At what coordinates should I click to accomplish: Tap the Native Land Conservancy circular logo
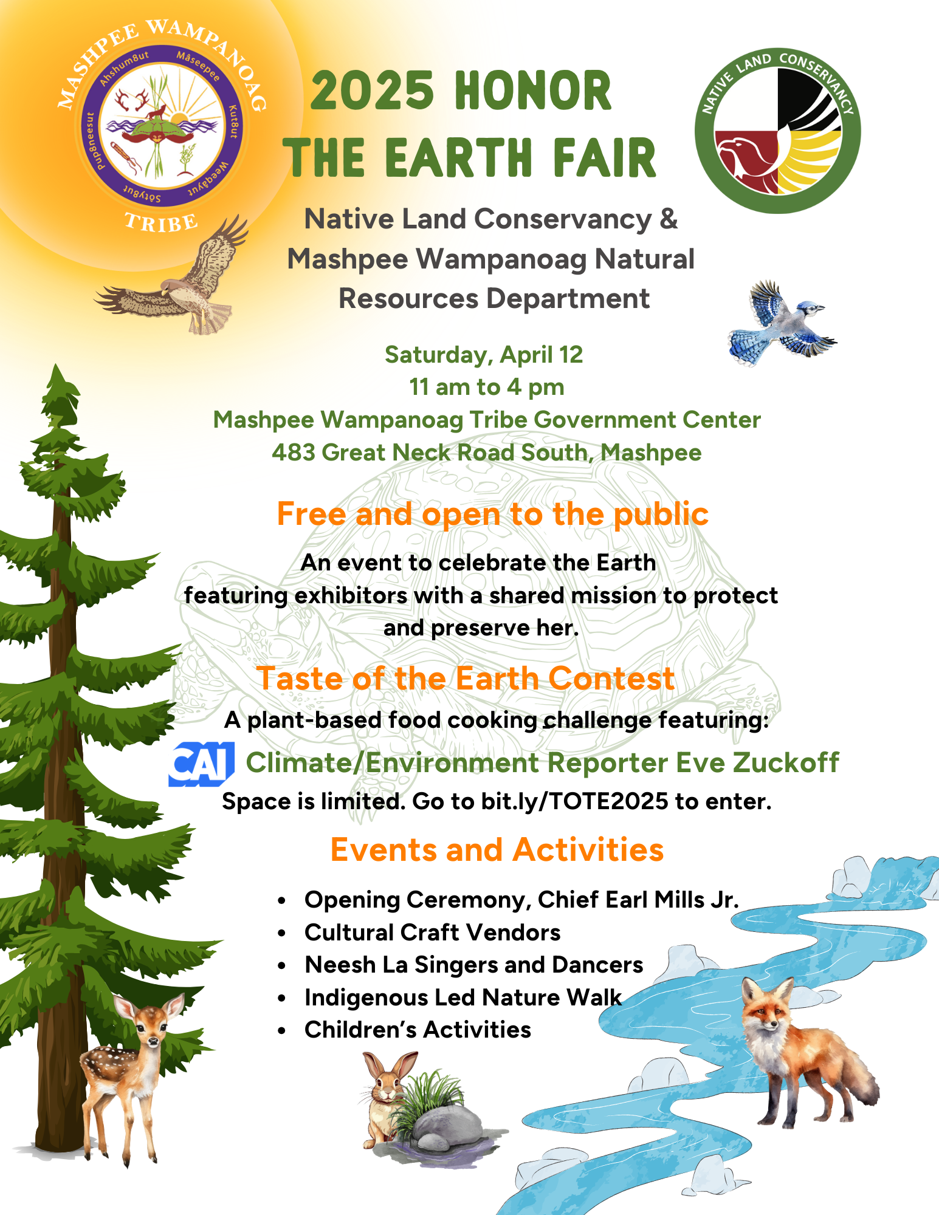point(778,131)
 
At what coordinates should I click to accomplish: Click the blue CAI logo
point(201,764)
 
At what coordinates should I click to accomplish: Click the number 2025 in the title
point(372,91)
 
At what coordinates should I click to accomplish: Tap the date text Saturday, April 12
point(484,355)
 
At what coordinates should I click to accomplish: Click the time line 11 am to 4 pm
point(487,387)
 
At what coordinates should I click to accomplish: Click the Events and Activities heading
point(497,849)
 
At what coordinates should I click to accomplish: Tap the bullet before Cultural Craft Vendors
point(281,933)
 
